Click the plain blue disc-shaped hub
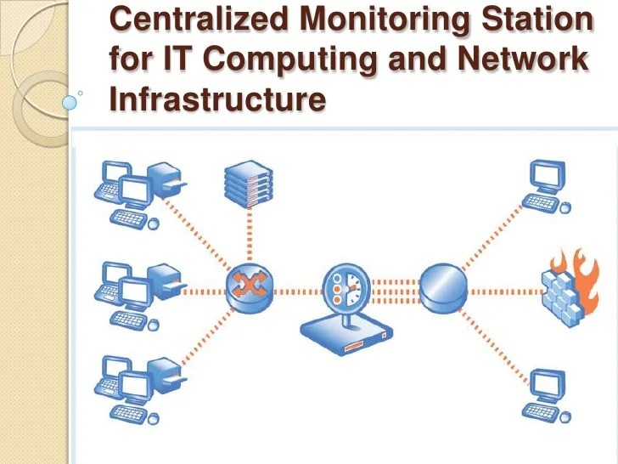444,286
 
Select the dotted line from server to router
249,239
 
